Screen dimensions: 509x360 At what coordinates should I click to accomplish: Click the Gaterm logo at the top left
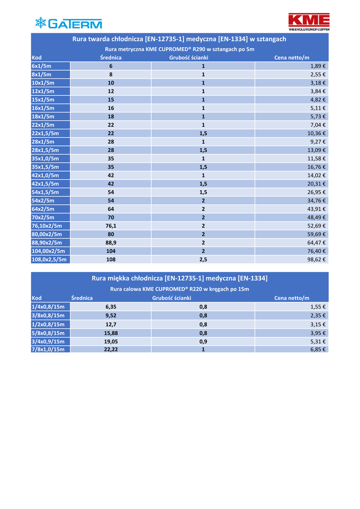point(68,23)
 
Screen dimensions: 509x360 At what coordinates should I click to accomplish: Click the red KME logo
point(309,22)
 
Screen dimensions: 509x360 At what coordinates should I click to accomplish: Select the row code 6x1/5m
point(42,66)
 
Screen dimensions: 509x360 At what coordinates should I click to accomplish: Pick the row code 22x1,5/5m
point(45,133)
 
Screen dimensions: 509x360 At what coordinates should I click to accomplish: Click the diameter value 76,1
point(111,226)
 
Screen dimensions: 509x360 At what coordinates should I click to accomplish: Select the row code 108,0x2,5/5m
point(49,259)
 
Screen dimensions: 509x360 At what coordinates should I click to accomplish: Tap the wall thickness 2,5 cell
point(203,259)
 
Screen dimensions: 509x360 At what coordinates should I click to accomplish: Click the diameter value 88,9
point(111,243)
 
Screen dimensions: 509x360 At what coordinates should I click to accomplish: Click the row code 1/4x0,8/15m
point(48,307)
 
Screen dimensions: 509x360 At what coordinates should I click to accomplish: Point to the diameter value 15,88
point(111,333)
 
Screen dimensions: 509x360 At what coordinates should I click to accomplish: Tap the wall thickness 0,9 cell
point(203,341)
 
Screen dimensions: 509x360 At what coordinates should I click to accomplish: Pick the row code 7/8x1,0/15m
point(48,349)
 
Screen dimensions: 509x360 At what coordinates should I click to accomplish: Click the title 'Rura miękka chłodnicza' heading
point(180,278)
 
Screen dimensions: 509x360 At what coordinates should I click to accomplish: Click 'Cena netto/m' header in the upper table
point(291,58)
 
